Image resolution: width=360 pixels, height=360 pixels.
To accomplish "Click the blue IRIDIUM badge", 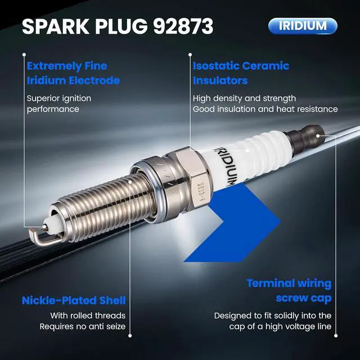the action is (x=303, y=26).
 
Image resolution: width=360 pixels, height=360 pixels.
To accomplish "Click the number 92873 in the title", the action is (x=183, y=26).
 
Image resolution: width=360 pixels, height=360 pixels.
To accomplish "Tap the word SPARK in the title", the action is (x=56, y=26).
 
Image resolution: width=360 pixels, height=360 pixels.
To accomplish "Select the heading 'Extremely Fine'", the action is (x=67, y=66).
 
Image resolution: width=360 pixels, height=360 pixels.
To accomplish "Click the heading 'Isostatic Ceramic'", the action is (x=241, y=66).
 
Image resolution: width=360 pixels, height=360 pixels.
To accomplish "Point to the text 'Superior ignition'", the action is (x=59, y=98).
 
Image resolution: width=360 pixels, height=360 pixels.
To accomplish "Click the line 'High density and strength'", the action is (x=244, y=98).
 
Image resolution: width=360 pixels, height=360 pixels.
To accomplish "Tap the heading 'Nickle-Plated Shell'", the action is (x=74, y=300).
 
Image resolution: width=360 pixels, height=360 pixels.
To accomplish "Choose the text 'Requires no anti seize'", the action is (x=83, y=326).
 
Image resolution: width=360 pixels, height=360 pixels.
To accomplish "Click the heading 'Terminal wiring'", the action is (x=289, y=283).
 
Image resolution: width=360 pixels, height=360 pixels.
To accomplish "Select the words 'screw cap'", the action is (x=304, y=298).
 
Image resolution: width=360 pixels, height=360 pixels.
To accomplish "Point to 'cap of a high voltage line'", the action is (x=280, y=326).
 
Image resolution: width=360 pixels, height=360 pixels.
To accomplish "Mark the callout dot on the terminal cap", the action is (x=318, y=136).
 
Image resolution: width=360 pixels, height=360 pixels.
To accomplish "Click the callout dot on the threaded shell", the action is (x=130, y=182).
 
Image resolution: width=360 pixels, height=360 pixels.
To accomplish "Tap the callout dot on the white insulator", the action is (x=247, y=150).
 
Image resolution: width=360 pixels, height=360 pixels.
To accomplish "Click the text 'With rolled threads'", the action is (x=88, y=316).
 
